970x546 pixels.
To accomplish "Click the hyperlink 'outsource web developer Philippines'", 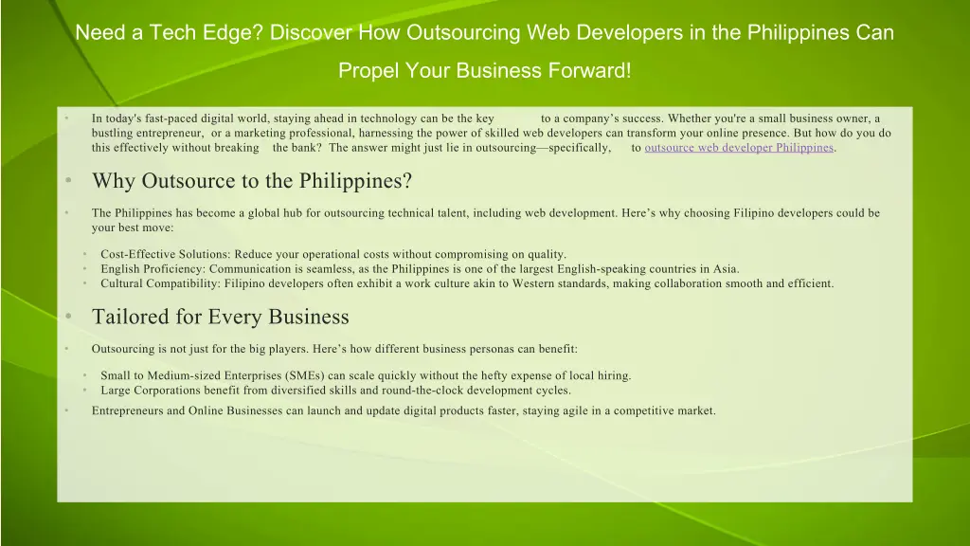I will (x=738, y=148).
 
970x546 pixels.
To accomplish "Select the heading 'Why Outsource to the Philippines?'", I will (x=251, y=181).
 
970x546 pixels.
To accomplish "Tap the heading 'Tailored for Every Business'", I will (x=220, y=317).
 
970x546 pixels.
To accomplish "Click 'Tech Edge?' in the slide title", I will (x=213, y=33).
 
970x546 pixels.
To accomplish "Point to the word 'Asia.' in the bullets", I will (x=725, y=269).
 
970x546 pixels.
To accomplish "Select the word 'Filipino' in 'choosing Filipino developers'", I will (x=754, y=213).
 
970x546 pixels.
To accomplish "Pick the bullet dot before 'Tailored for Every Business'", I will (x=69, y=317).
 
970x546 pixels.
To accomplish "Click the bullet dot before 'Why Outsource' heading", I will (x=69, y=181).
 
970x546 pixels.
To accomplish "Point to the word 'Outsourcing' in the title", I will (x=463, y=33).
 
